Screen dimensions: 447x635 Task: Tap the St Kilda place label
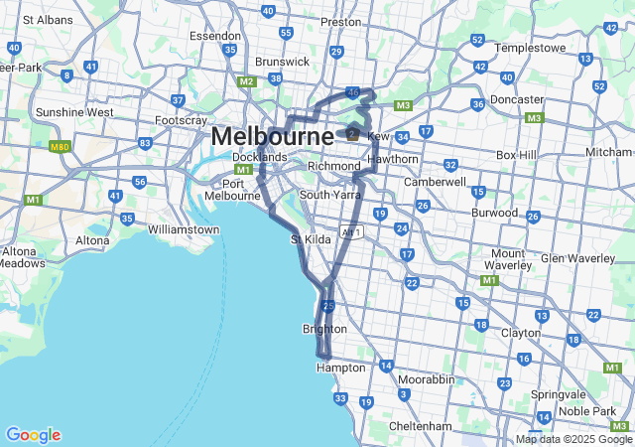click(x=309, y=239)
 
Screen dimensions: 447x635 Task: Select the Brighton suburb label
click(x=324, y=329)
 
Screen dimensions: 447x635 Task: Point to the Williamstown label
click(x=184, y=229)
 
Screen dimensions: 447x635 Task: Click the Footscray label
click(x=180, y=121)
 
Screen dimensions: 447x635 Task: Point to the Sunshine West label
click(x=74, y=112)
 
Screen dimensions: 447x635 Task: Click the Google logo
click(x=33, y=435)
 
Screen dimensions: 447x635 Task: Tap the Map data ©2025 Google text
click(x=572, y=439)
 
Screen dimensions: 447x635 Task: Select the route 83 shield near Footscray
click(x=145, y=143)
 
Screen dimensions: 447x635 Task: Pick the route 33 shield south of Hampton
click(x=340, y=398)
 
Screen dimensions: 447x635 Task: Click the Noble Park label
click(x=586, y=411)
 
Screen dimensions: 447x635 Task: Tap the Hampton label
click(x=333, y=368)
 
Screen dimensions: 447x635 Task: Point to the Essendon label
click(x=215, y=35)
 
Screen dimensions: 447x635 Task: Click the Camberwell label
click(x=434, y=183)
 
